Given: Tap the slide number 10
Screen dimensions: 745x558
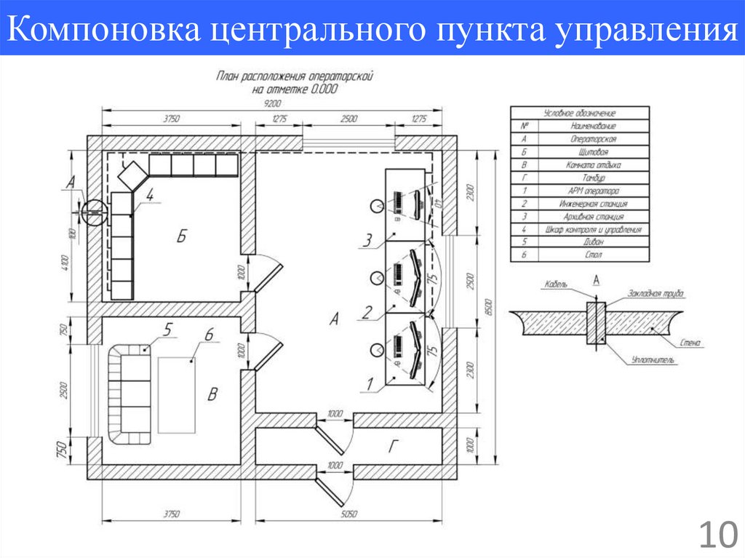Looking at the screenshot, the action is coord(717,535).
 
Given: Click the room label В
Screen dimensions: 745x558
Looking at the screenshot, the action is coord(212,395).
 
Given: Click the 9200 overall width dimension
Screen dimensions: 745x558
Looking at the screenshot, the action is coord(274,103).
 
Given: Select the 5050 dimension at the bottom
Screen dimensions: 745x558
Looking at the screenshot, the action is coord(350,514).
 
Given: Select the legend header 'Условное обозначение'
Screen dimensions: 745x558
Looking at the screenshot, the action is coord(580,113).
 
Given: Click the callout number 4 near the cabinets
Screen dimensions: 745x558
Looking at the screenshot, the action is coord(148,195).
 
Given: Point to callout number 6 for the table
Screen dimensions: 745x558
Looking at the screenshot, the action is coord(208,335).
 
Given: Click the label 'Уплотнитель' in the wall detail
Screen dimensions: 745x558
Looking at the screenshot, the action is coord(647,359).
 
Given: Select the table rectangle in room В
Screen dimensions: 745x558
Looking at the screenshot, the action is coord(178,395).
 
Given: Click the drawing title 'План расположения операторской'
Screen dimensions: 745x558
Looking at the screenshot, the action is coord(295,75).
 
